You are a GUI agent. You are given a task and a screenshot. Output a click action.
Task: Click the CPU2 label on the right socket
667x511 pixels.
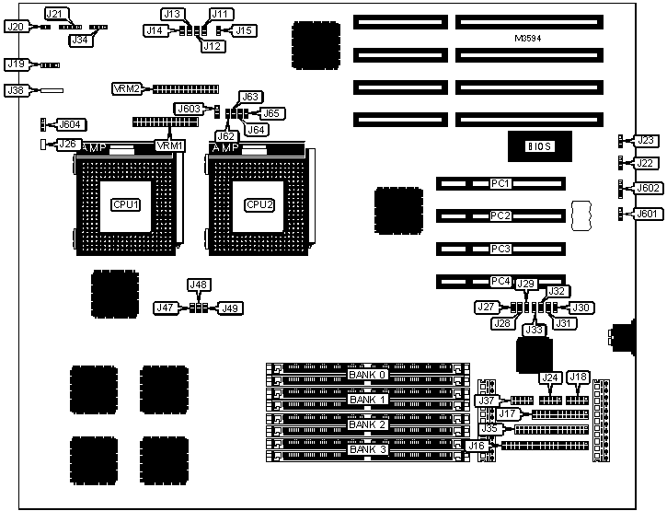pos(259,204)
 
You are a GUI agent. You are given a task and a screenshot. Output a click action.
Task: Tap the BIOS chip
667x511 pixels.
pos(537,145)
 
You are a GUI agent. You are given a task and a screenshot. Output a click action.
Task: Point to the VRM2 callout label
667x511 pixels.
pos(125,88)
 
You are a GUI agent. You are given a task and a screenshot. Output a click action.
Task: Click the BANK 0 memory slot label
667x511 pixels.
pos(367,375)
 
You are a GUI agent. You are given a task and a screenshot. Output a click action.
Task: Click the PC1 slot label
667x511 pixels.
pos(500,183)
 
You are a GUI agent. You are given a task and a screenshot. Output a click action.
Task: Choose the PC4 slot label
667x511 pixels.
pos(500,281)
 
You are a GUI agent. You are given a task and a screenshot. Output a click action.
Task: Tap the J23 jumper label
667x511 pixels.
pos(647,141)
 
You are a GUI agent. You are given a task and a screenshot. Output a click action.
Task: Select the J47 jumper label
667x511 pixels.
pos(167,308)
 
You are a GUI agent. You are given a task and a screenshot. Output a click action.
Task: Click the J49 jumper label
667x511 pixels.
pos(230,308)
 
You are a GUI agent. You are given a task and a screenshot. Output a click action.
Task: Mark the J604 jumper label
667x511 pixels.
pos(71,124)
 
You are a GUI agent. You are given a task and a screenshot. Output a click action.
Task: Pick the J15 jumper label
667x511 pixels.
pos(244,30)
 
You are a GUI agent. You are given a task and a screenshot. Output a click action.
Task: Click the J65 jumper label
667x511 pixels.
pos(273,113)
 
